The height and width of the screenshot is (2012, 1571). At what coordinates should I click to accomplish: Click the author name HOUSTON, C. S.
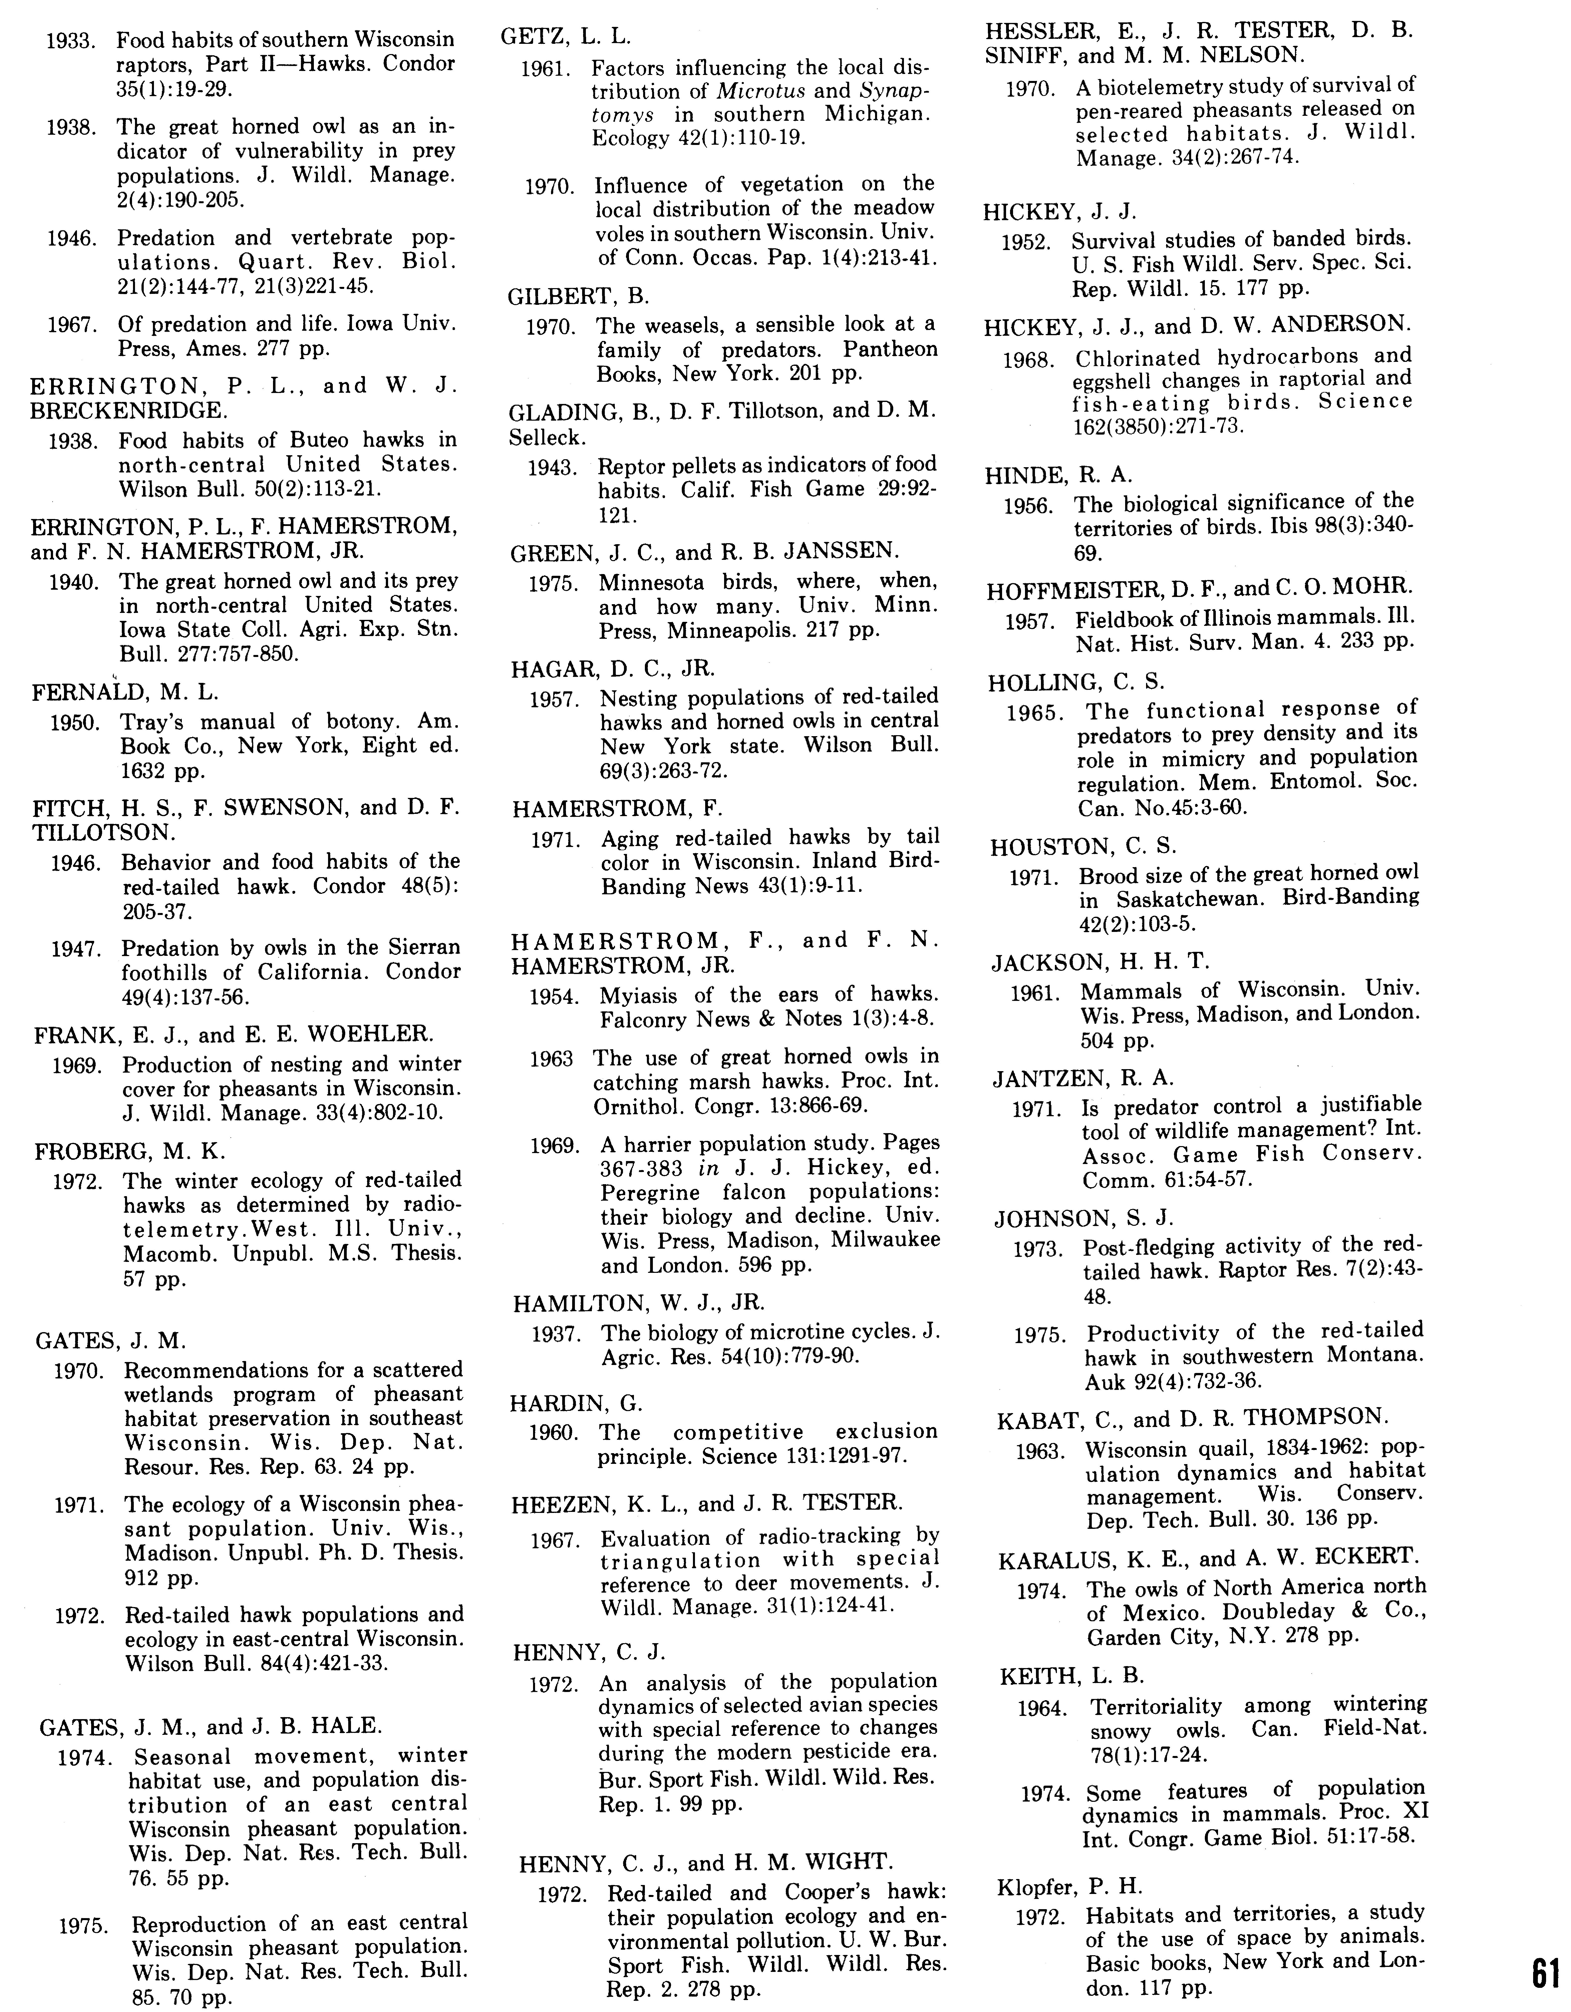[1084, 847]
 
